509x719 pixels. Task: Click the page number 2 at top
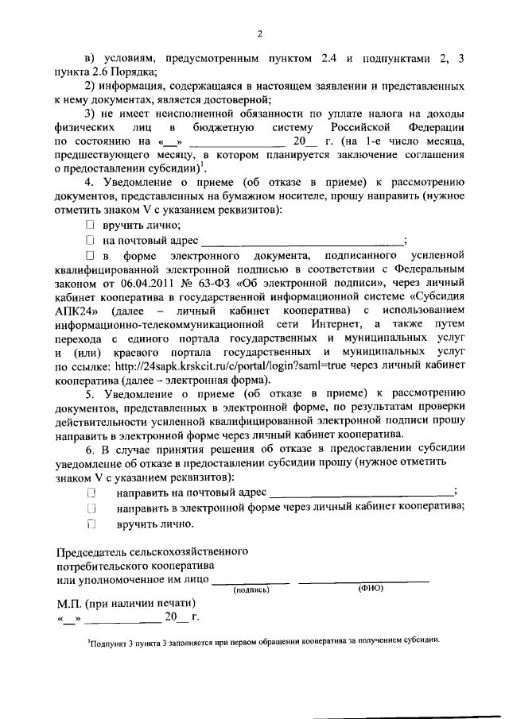point(259,33)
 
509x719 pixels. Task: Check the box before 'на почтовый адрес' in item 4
point(90,241)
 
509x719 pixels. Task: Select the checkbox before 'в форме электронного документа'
point(90,256)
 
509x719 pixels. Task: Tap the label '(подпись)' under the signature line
point(251,590)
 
